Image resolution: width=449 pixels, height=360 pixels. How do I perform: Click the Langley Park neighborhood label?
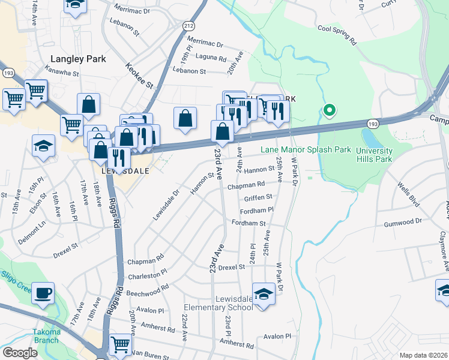pos(78,59)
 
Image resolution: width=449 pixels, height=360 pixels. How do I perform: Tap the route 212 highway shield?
pos(188,25)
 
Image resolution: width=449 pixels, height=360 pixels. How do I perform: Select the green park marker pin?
pos(329,110)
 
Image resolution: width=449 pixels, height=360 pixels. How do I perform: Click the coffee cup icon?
pos(43,293)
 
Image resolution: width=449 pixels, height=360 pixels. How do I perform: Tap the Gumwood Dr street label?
pos(420,221)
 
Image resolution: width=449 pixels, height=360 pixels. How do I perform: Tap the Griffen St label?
pos(258,196)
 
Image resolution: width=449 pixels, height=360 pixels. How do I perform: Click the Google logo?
pos(20,353)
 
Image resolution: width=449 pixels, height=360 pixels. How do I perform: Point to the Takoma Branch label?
pos(46,336)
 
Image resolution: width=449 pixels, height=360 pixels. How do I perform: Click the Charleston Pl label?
pos(147,275)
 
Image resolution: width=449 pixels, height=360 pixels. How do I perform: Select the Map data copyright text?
pos(423,355)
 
